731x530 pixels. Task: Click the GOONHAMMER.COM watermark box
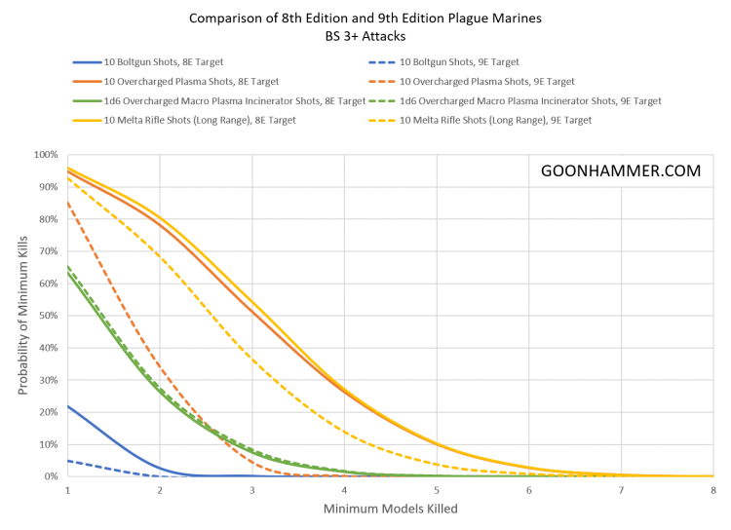click(620, 170)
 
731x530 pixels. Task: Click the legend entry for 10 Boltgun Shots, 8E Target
click(156, 62)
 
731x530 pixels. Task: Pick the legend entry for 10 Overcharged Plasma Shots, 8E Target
click(176, 82)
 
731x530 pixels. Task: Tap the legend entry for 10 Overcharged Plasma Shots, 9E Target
click(477, 82)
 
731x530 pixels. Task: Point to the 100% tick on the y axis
click(46, 155)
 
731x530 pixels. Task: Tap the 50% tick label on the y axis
click(48, 316)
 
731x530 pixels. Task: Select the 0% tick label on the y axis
click(51, 475)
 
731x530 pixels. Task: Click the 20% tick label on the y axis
click(48, 412)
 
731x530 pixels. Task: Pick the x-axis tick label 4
click(344, 489)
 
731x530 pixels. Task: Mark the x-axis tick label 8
click(712, 489)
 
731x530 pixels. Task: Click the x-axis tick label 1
click(67, 489)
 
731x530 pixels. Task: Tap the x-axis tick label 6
click(528, 489)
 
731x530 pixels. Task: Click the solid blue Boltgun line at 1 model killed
click(68, 406)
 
